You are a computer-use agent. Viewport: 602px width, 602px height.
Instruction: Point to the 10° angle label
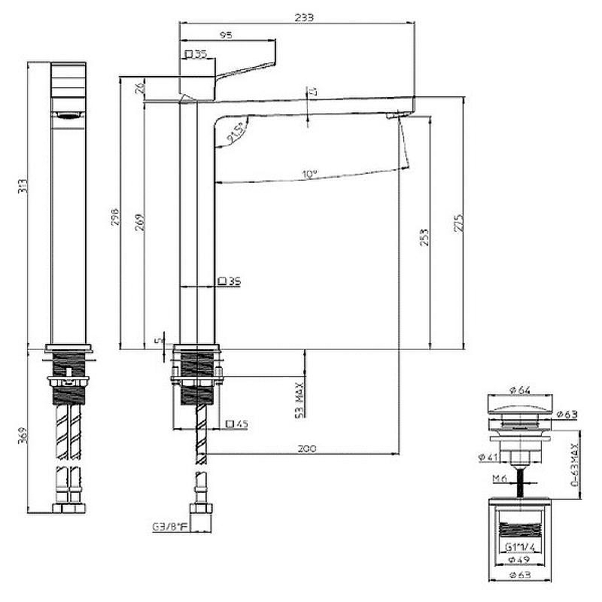[309, 175]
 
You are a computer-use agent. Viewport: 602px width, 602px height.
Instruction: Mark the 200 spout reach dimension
[306, 448]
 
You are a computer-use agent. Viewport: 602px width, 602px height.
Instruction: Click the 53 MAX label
[299, 399]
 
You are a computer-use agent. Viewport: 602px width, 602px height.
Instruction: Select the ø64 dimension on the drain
[520, 390]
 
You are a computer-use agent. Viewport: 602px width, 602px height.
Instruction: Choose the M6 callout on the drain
[500, 479]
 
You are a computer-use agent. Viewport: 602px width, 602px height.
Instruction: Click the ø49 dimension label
[520, 561]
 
